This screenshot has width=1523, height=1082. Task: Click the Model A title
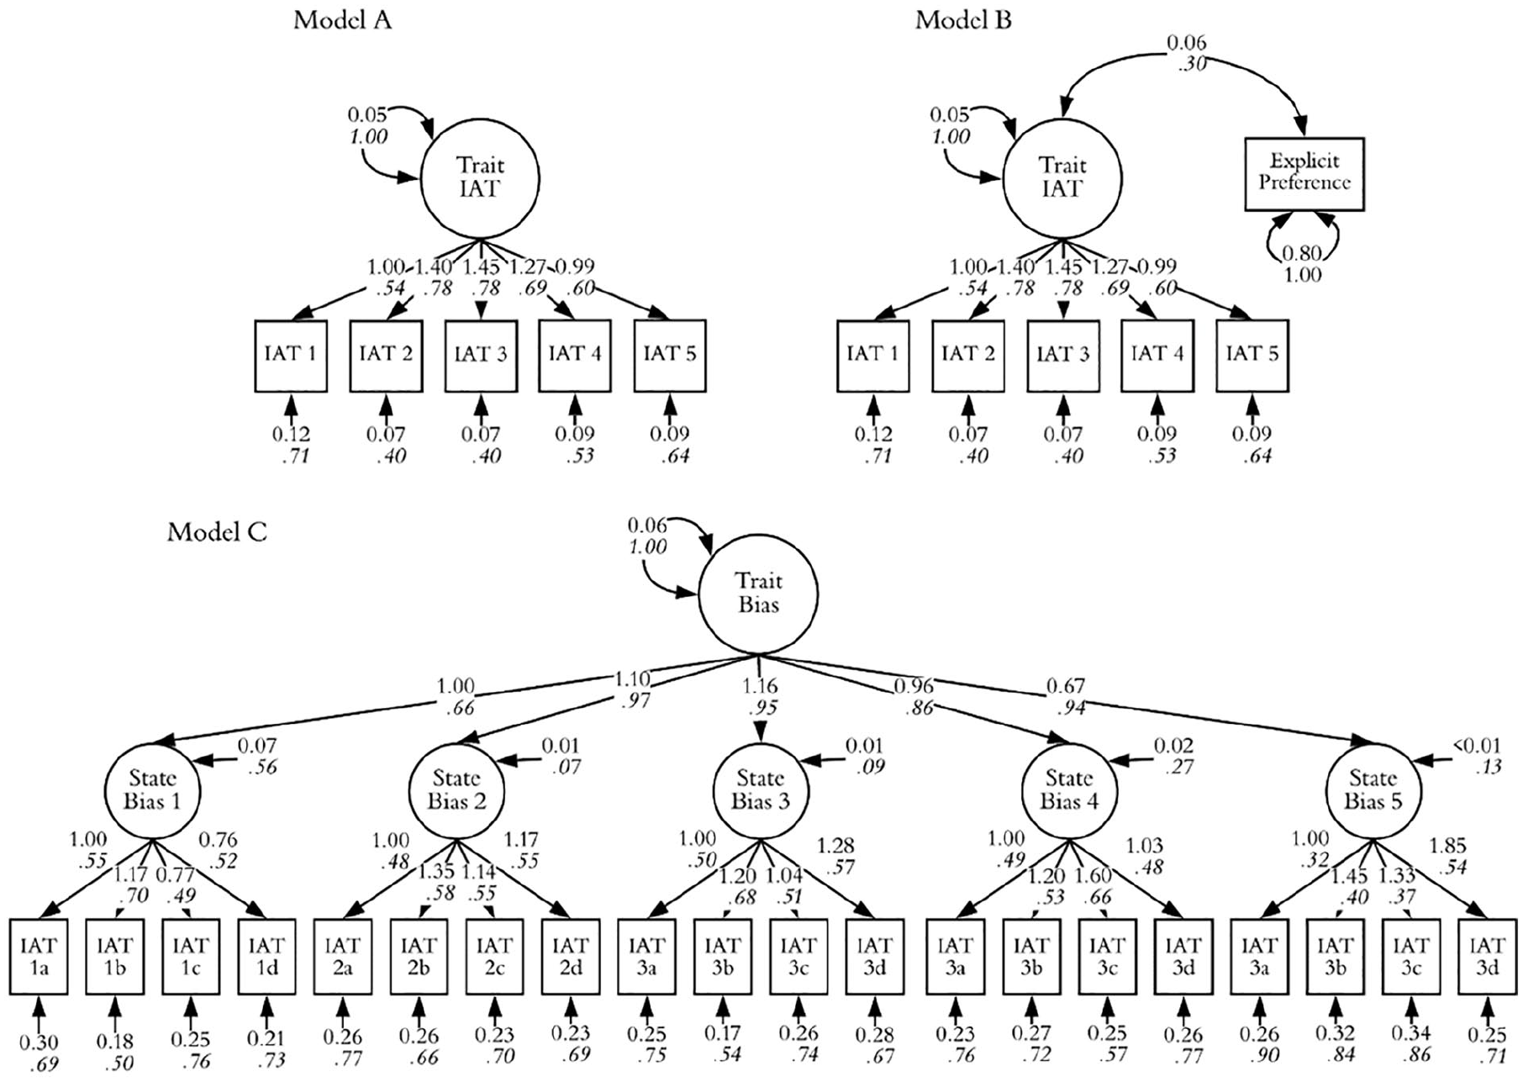342,20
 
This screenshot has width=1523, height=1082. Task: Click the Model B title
963,20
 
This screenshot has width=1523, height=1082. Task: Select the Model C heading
217,532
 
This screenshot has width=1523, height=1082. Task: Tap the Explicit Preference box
1304,174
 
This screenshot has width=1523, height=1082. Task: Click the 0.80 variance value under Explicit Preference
1303,252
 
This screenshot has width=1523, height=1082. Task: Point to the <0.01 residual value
1477,746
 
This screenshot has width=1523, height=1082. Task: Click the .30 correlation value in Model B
1187,63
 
